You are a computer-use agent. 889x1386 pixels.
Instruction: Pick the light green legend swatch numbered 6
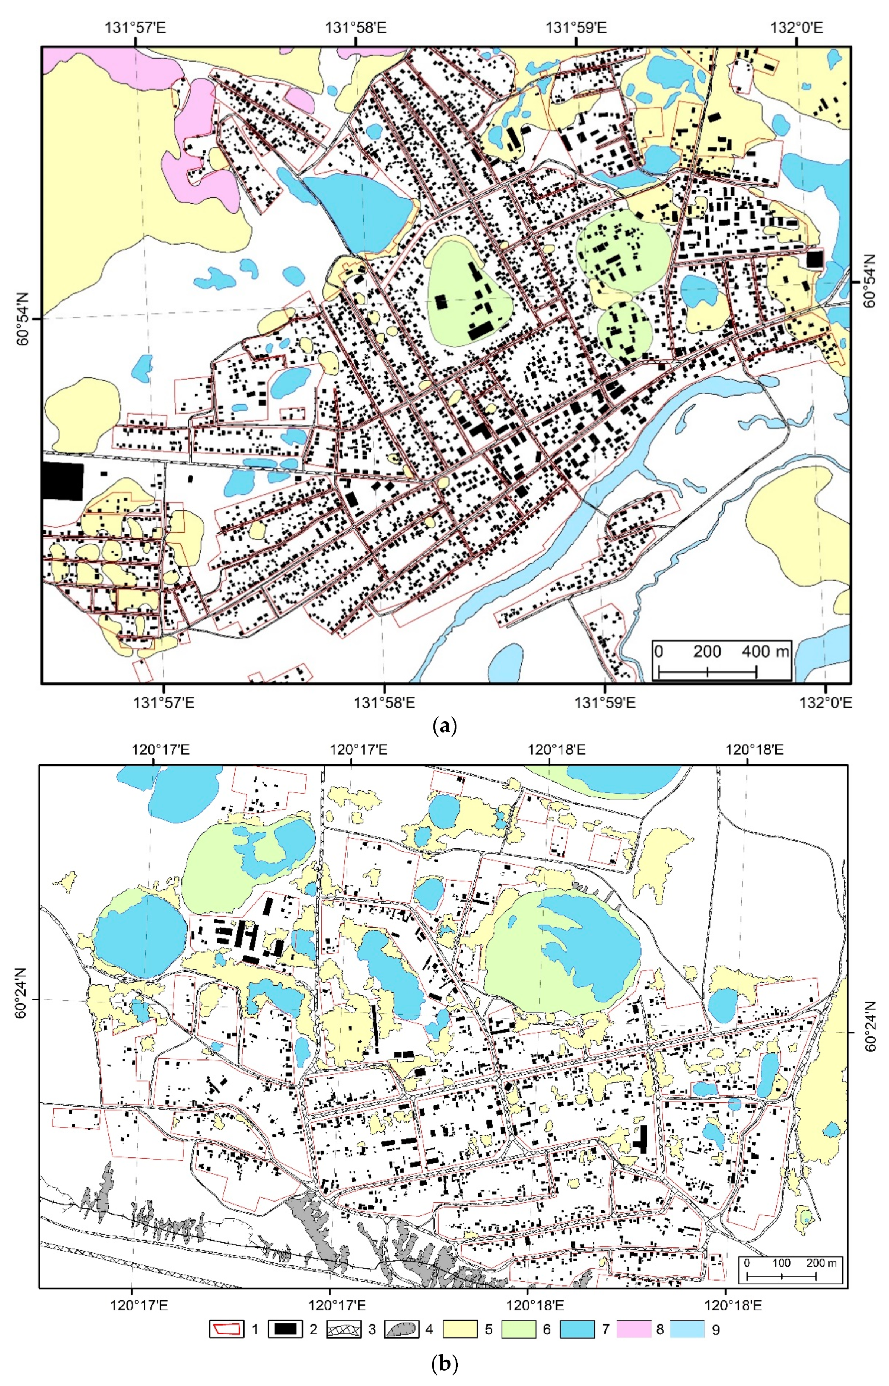pos(518,1329)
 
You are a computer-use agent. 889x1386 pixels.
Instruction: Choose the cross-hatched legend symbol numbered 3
pos(344,1329)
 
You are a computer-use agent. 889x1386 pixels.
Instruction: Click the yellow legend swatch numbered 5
pos(460,1329)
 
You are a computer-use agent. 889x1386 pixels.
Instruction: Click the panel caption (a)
pos(444,725)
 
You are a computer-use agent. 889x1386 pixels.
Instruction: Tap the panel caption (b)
pos(444,1364)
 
